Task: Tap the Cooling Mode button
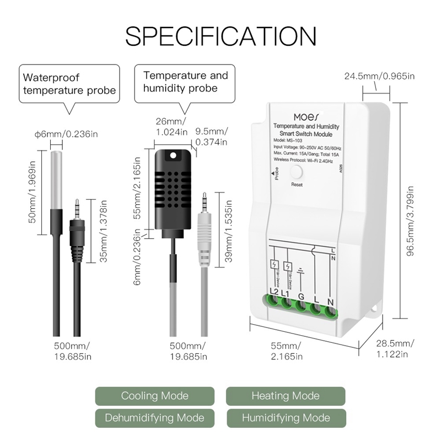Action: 154,396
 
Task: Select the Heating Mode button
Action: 285,396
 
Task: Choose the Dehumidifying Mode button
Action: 154,418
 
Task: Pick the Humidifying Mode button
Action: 285,418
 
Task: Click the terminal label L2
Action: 273,291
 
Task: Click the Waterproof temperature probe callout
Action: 69,83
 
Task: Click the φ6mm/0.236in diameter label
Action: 66,134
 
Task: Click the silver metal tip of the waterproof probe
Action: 57,179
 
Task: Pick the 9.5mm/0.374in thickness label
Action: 212,137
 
